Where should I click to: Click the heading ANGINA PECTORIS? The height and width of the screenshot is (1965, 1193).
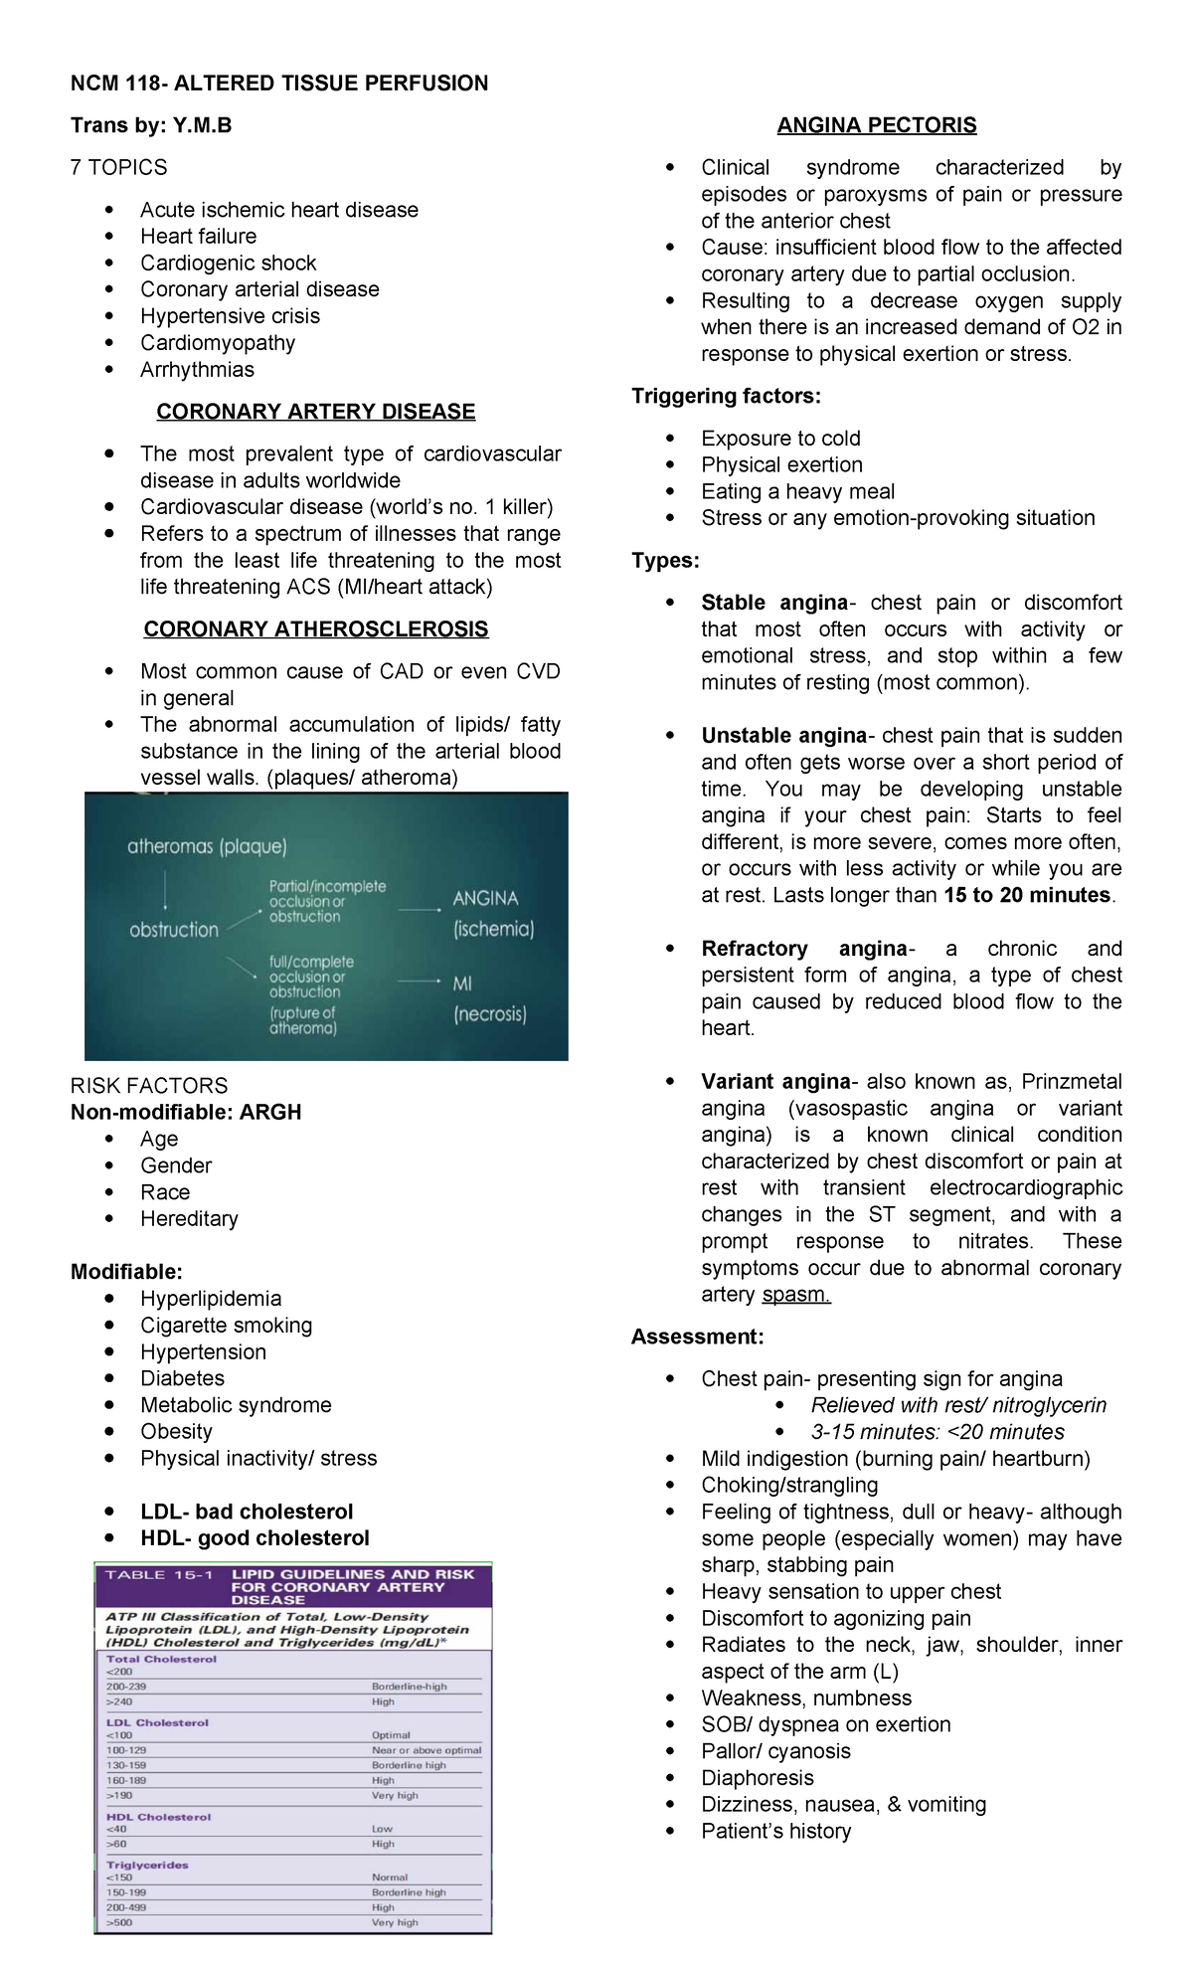876,125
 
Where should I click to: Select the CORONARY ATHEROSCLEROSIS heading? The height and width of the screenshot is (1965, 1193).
316,629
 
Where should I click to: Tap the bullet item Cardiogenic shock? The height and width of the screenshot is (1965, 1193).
228,264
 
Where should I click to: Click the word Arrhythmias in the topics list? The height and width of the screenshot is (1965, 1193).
197,370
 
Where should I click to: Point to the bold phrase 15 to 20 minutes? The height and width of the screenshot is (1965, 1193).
1027,895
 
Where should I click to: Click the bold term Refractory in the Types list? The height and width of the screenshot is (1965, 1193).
755,949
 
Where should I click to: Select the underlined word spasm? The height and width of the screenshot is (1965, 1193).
795,1295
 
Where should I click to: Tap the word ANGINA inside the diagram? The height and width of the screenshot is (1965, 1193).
485,899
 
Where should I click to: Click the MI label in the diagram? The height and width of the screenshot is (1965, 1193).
462,983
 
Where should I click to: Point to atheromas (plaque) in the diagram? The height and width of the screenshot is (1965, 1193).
207,847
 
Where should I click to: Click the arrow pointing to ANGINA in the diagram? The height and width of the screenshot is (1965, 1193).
420,910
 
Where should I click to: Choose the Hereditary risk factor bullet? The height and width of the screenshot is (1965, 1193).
189,1219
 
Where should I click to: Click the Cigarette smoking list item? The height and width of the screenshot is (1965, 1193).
226,1326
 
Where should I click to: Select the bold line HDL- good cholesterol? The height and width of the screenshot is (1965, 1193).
255,1538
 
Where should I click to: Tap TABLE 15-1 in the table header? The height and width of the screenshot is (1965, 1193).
159,1575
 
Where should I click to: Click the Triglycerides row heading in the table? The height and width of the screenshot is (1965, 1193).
147,1866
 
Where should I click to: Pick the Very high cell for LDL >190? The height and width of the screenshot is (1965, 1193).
395,1796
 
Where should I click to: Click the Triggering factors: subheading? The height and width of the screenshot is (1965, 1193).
726,397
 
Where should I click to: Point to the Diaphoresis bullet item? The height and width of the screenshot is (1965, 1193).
757,1778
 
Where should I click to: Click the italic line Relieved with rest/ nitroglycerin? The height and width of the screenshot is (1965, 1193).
958,1405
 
